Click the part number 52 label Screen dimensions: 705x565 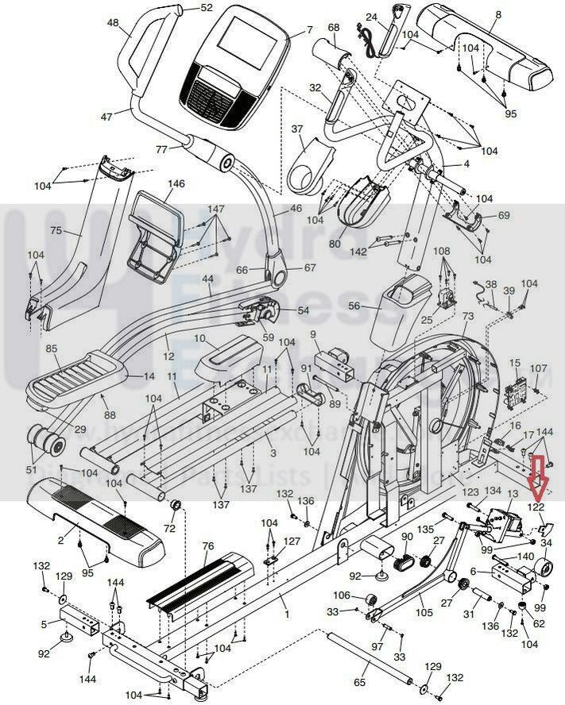[x=207, y=8]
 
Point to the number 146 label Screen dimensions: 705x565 [x=176, y=184]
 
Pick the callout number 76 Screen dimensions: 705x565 [x=207, y=546]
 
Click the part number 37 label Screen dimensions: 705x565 [x=298, y=129]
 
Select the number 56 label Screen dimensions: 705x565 [x=354, y=306]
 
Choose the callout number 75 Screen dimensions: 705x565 [x=56, y=232]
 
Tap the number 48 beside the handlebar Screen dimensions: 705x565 [x=112, y=24]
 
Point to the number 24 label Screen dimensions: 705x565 [x=371, y=17]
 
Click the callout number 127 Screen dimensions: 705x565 [x=292, y=542]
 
